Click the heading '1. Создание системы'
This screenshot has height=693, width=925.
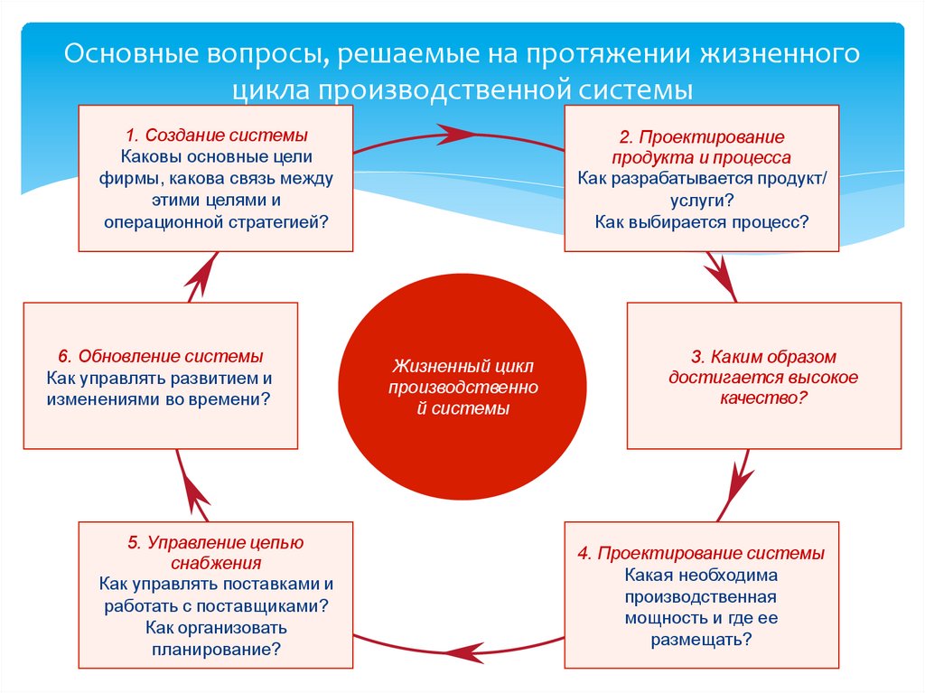[216, 136]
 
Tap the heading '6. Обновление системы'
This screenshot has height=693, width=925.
[160, 356]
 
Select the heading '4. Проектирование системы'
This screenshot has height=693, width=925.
[701, 553]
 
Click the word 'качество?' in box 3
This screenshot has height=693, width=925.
[763, 398]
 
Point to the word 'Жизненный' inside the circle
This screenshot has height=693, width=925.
[429, 367]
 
